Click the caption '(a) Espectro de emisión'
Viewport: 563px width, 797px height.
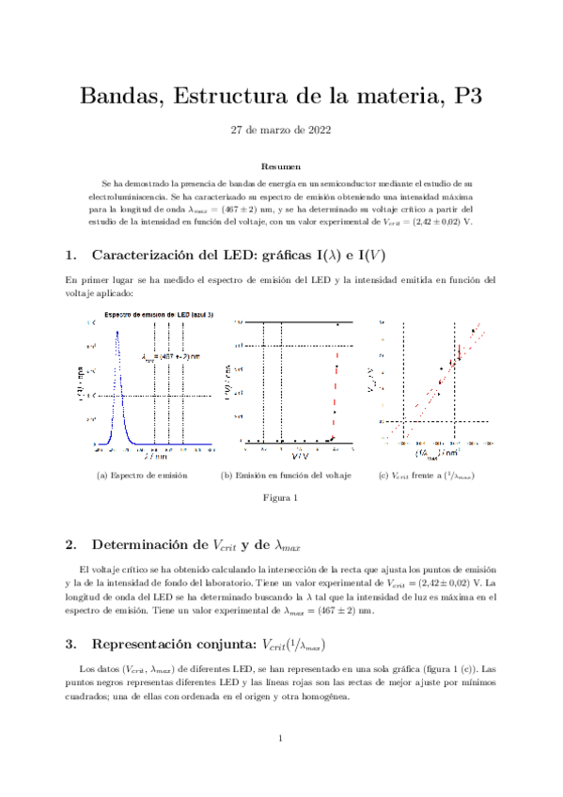point(142,476)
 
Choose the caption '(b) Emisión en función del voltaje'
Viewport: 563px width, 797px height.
point(286,476)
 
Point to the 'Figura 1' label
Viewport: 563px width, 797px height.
point(281,498)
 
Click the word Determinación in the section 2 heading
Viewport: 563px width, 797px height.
point(148,544)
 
